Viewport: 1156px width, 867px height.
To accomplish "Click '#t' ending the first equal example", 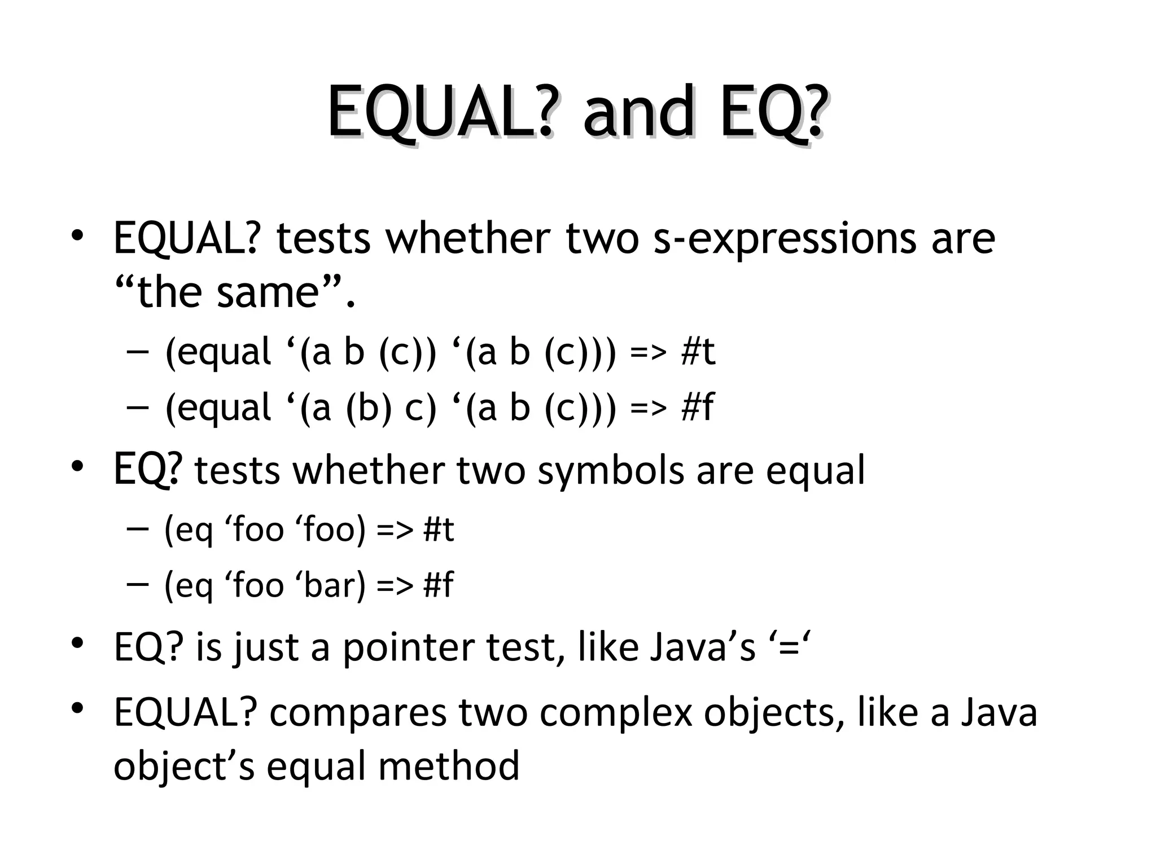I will point(698,352).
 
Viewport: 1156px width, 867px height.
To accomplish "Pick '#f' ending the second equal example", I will point(697,408).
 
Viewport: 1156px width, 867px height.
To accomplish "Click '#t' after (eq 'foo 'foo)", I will point(439,530).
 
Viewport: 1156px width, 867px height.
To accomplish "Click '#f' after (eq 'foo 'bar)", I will point(438,585).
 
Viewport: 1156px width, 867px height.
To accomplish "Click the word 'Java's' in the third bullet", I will point(702,647).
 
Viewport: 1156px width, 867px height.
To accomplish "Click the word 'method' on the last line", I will point(449,767).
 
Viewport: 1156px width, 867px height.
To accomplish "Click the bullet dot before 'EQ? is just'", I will point(78,643).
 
